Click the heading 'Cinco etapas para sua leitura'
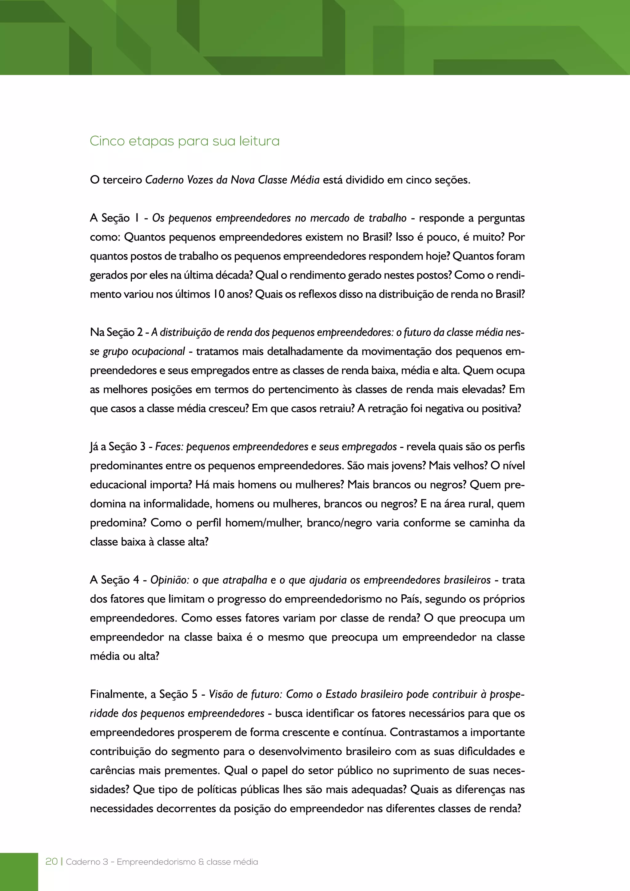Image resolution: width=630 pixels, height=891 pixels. coord(185,141)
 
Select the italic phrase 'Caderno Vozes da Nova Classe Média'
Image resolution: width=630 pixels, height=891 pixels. coord(232,180)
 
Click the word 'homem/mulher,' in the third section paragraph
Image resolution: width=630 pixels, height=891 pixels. coord(264,523)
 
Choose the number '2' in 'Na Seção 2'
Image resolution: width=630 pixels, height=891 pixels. coord(140,333)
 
